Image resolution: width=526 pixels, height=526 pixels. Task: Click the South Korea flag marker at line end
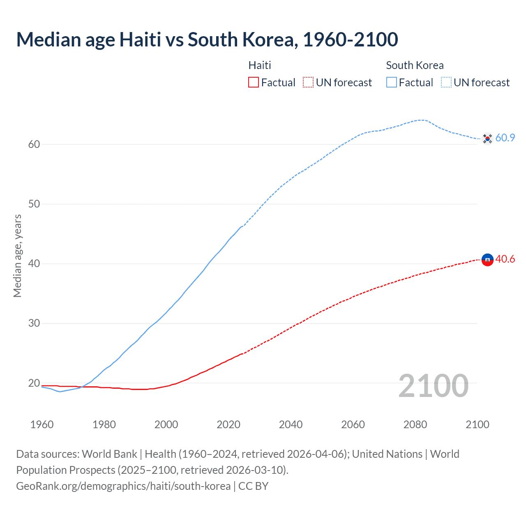487,138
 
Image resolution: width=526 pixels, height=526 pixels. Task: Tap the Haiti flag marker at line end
487,260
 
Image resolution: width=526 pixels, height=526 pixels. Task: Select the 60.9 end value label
505,138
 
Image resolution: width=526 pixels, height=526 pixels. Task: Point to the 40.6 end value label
505,259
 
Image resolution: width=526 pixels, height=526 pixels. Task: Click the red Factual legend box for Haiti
254,83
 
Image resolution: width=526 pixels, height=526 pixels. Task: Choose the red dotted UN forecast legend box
308,83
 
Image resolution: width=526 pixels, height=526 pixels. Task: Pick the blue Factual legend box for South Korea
391,83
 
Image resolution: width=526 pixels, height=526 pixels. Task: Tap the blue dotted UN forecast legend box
446,83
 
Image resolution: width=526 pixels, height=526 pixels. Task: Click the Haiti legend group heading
260,65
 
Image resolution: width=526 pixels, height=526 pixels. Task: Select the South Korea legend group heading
415,65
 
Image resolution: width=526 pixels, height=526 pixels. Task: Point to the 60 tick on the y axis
34,144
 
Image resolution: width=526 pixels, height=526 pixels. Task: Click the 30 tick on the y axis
34,323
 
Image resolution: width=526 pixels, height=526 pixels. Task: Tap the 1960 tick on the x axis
42,424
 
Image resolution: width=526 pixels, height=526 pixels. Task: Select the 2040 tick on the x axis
291,424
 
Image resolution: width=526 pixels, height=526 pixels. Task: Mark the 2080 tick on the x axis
415,424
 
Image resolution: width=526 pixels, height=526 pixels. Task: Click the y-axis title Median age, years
17,256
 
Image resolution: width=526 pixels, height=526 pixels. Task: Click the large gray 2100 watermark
433,386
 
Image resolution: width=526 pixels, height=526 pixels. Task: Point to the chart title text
207,39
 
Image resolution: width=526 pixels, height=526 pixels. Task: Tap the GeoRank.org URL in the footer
123,486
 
